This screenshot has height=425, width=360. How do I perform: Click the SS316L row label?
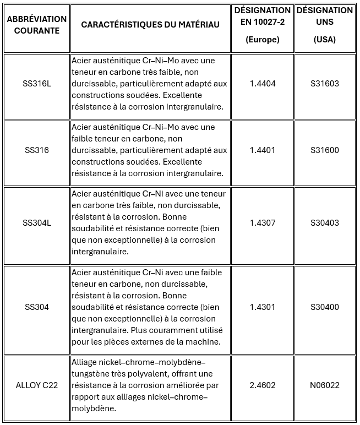click(x=37, y=84)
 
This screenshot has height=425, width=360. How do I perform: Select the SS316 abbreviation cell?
click(x=37, y=150)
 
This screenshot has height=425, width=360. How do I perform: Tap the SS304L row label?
click(x=37, y=223)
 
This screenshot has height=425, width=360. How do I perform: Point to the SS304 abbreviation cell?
click(x=37, y=307)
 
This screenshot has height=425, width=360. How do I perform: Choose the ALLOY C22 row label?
click(x=37, y=385)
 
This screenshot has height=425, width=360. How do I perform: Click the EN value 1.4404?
click(x=263, y=84)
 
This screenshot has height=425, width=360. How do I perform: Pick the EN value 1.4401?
click(x=263, y=150)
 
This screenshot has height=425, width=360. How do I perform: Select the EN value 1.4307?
click(x=263, y=223)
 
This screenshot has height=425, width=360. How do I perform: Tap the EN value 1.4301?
click(x=263, y=307)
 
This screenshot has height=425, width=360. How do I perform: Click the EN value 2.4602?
click(x=263, y=385)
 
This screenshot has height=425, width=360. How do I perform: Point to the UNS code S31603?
click(x=325, y=84)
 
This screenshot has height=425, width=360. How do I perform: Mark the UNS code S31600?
click(x=325, y=150)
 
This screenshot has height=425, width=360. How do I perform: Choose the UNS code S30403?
click(x=325, y=223)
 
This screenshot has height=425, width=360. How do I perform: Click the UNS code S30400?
click(x=325, y=307)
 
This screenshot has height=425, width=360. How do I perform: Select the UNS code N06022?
click(x=325, y=385)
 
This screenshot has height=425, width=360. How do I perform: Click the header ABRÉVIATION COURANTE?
click(x=37, y=25)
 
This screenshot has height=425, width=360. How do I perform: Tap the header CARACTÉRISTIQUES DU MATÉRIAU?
click(x=150, y=25)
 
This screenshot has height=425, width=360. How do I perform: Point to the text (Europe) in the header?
click(x=263, y=40)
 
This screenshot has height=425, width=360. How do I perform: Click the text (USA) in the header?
click(x=325, y=40)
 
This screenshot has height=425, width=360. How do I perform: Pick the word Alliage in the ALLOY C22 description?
click(x=86, y=362)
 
